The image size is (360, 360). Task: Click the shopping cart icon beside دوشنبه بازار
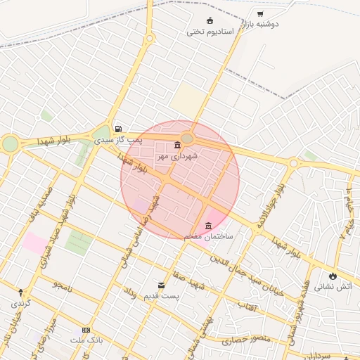[260, 14]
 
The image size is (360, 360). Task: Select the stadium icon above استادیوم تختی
[210, 20]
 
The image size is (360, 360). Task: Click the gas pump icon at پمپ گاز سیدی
[118, 129]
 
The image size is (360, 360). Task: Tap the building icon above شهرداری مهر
[176, 145]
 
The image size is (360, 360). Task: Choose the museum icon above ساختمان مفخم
[208, 226]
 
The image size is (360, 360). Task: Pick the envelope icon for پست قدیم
[162, 285]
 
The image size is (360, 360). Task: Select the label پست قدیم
[162, 296]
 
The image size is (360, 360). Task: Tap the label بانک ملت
[86, 340]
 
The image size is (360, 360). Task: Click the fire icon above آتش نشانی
[333, 276]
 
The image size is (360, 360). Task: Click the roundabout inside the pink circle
[187, 139]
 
